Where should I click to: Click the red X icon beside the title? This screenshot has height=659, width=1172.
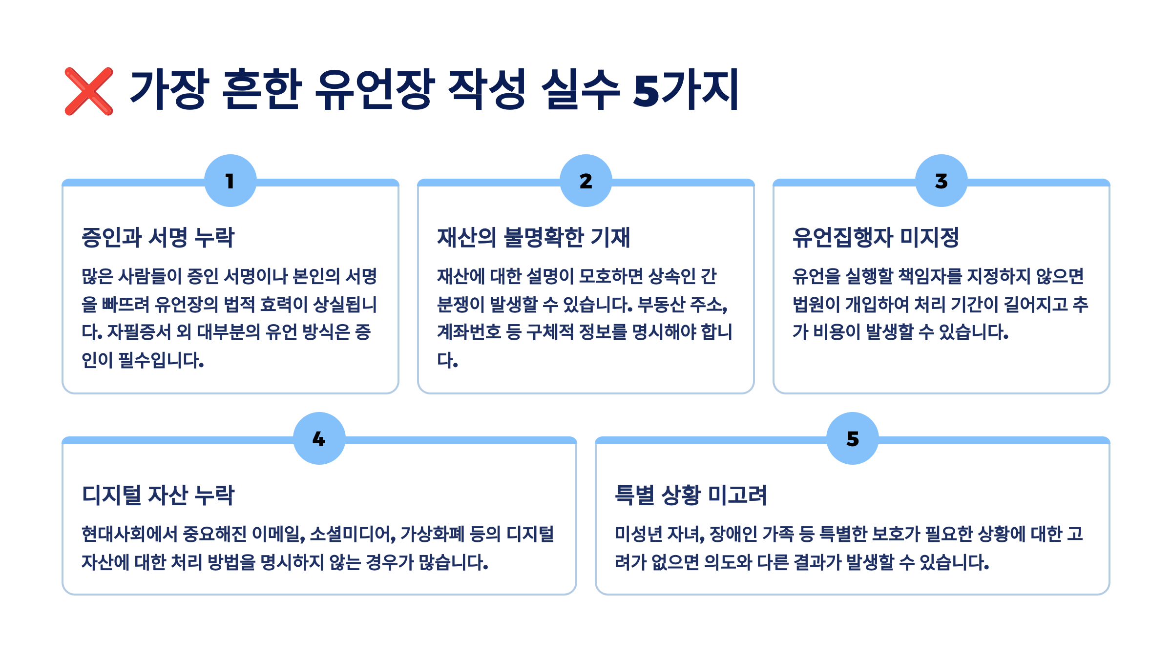(x=89, y=91)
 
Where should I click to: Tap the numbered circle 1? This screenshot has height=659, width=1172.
(x=230, y=181)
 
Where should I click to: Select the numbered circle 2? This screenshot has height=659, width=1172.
(x=586, y=181)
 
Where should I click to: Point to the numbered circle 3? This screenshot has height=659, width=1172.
(x=941, y=181)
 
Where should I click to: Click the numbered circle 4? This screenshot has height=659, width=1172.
(x=319, y=438)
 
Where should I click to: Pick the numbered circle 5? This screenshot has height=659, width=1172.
(x=853, y=438)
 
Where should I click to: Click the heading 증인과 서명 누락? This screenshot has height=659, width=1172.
(x=158, y=238)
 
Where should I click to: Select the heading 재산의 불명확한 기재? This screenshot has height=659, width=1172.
(x=533, y=238)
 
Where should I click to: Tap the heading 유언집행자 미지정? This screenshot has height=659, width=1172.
(x=876, y=238)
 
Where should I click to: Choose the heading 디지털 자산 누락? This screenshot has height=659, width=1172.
(x=158, y=495)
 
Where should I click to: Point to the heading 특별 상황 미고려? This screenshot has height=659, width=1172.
(x=691, y=495)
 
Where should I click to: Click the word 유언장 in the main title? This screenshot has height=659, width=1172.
(x=375, y=89)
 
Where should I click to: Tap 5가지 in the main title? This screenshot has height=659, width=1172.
(x=686, y=89)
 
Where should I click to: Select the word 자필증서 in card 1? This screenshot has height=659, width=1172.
(x=139, y=332)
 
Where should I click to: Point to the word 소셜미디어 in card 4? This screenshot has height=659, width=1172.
(x=352, y=534)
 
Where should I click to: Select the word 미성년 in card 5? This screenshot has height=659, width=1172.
(x=638, y=534)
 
